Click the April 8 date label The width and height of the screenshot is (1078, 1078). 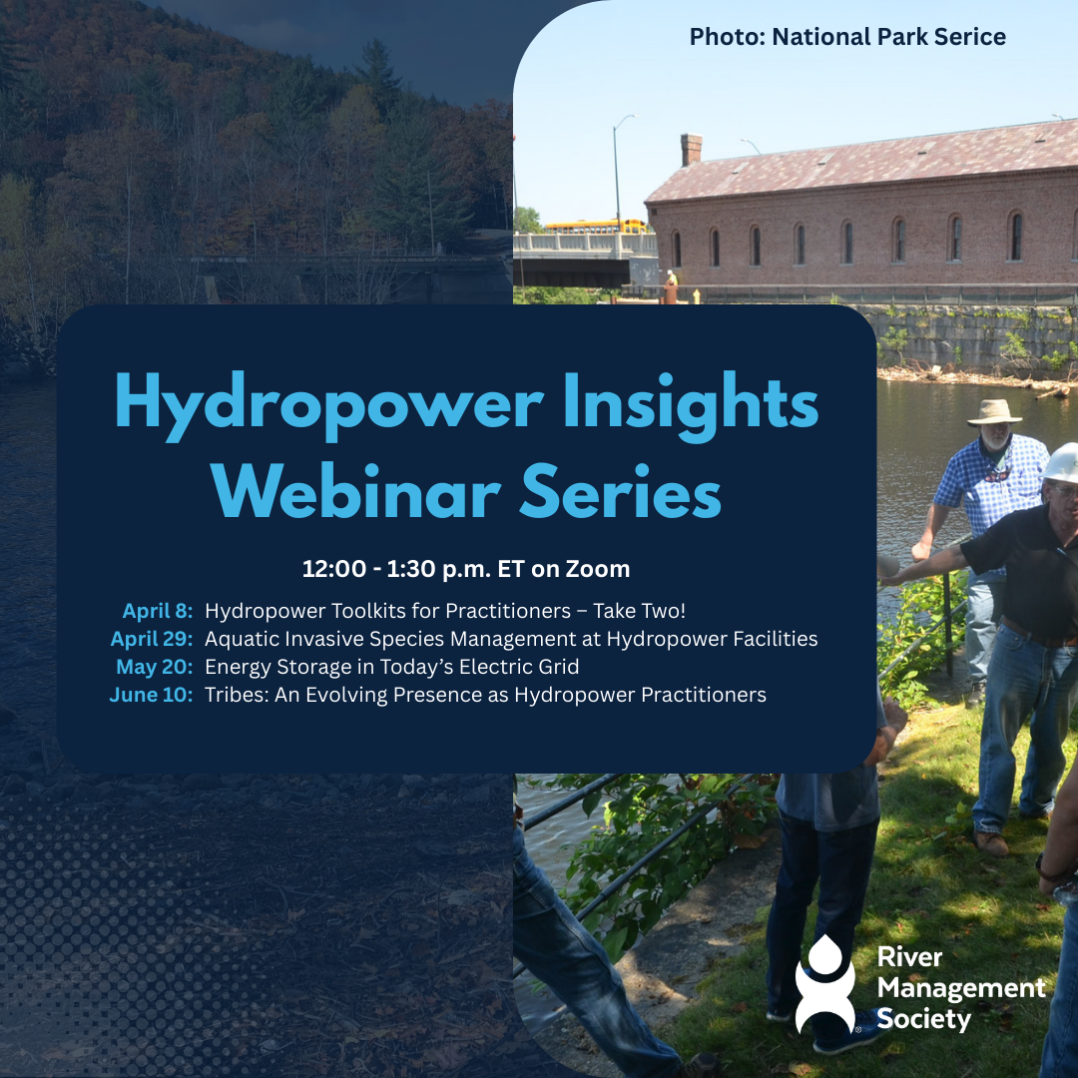tap(158, 611)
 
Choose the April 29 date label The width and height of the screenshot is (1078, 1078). tap(152, 639)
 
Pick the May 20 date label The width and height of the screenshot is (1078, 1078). tap(155, 667)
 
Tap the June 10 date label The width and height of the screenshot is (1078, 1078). tap(151, 695)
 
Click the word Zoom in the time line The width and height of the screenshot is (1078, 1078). tap(598, 570)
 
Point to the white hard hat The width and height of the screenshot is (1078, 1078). tap(1061, 462)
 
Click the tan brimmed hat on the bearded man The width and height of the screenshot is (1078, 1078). tap(994, 411)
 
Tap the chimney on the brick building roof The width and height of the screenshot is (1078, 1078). tap(691, 149)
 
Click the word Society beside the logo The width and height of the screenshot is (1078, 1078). tap(923, 1019)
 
